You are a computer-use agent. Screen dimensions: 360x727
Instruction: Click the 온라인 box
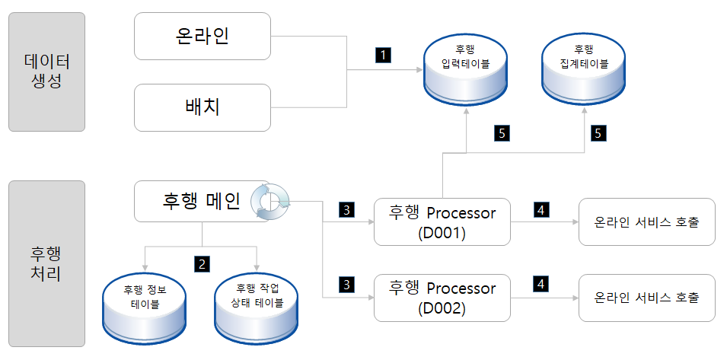(x=202, y=36)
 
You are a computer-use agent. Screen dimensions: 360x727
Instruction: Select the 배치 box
(x=202, y=107)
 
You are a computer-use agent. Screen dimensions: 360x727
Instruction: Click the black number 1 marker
(x=383, y=55)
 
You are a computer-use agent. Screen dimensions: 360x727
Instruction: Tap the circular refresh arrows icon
(x=271, y=202)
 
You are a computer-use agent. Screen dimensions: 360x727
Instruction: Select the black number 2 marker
(x=202, y=264)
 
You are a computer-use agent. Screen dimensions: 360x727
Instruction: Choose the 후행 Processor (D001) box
(x=442, y=222)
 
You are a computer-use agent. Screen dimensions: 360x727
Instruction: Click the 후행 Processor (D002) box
(x=442, y=298)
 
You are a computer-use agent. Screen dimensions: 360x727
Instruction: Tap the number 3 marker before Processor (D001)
(x=346, y=209)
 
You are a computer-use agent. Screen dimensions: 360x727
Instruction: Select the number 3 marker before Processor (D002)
(x=346, y=285)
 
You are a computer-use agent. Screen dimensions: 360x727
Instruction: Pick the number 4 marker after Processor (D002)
(x=541, y=285)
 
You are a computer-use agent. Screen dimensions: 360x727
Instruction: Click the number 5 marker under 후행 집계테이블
(x=598, y=133)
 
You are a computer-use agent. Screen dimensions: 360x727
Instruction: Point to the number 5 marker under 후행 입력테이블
(x=501, y=133)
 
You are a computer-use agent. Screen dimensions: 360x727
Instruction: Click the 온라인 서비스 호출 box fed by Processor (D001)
(x=646, y=222)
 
